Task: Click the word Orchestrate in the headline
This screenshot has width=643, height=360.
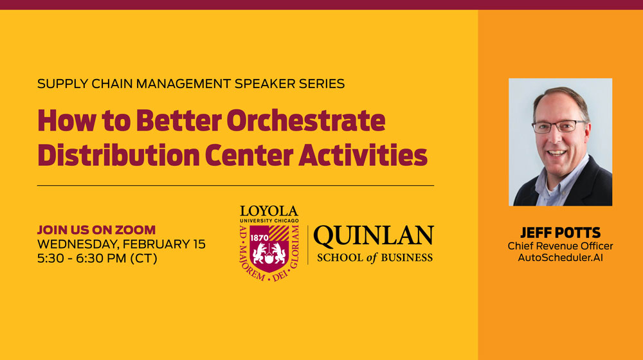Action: (x=306, y=120)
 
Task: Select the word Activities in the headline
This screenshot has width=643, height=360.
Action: (x=363, y=155)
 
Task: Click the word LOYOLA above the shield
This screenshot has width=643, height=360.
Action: (x=269, y=211)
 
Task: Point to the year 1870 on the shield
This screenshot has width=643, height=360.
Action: (x=259, y=238)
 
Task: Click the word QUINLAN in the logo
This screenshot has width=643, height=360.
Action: (x=374, y=236)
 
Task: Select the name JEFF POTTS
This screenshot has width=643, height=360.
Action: (x=560, y=233)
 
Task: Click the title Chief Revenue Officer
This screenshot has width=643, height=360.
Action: (x=560, y=246)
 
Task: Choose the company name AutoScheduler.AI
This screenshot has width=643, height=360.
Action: (x=560, y=258)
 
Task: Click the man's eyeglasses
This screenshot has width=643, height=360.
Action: (x=559, y=126)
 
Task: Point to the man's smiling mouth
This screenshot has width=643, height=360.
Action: (x=556, y=153)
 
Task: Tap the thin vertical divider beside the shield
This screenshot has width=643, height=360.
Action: (x=307, y=245)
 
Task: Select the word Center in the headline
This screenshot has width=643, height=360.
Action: (x=249, y=155)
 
